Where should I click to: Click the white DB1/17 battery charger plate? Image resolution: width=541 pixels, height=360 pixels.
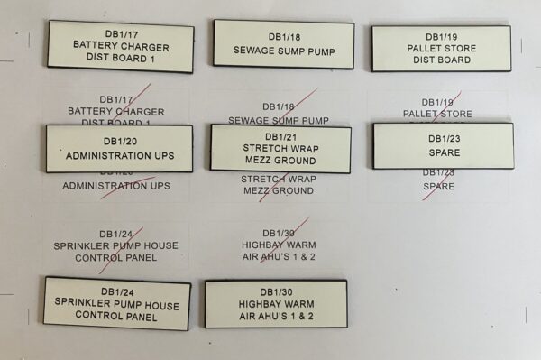click(121, 46)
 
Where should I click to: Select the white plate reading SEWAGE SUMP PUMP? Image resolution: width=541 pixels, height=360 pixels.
click(283, 44)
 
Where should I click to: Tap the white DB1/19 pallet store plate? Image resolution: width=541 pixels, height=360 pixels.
click(441, 48)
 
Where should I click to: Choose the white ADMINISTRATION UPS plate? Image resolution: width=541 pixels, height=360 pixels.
click(119, 148)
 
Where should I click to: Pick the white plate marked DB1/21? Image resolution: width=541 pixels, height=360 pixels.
click(280, 148)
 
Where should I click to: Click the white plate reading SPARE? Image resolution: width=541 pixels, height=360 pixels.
click(443, 145)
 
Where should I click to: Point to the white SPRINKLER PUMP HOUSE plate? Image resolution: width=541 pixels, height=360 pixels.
click(117, 304)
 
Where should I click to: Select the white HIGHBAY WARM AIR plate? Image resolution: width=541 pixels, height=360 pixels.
click(276, 304)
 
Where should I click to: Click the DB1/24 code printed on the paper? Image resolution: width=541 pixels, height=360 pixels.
click(115, 233)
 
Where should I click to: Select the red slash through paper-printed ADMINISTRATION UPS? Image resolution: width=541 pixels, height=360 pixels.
click(126, 187)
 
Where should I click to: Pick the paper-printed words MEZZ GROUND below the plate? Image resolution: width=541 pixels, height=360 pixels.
click(278, 191)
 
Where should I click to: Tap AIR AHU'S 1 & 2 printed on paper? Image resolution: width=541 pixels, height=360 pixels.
click(278, 257)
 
